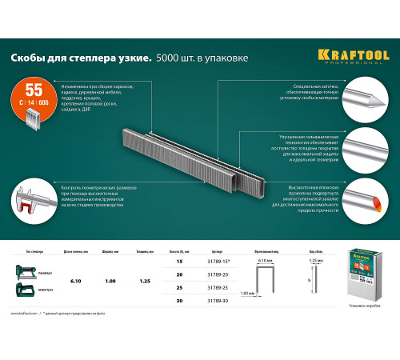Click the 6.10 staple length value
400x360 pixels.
click(76, 281)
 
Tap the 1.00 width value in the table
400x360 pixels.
click(110, 281)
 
